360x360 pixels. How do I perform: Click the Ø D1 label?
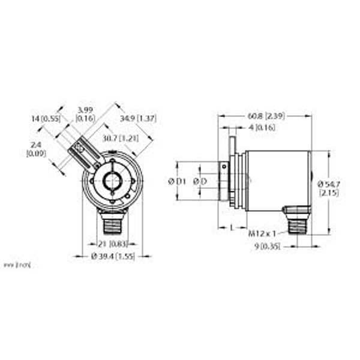176,181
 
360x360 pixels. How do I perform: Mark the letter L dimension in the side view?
232,227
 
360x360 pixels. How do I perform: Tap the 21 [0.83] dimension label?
112,244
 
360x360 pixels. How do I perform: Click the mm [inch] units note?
17,264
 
